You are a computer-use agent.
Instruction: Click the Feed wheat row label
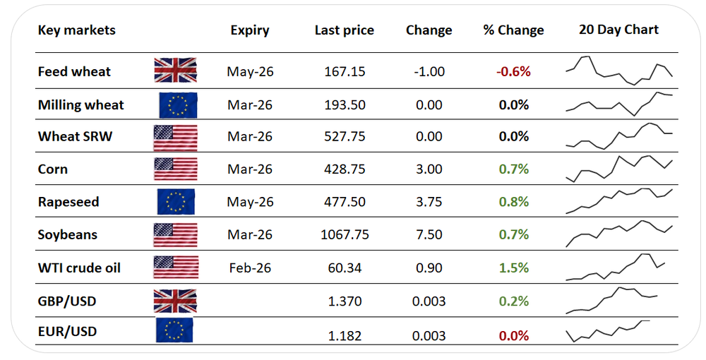(x=74, y=71)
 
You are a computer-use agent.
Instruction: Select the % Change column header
(x=513, y=30)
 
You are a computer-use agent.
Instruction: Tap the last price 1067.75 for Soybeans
(x=345, y=235)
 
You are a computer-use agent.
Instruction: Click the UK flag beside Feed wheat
(x=176, y=71)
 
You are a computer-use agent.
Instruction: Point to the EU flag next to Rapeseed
(x=176, y=203)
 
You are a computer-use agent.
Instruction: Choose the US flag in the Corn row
(x=176, y=170)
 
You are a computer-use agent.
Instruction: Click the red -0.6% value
(x=514, y=71)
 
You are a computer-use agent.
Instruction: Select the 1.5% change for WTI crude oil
(x=514, y=268)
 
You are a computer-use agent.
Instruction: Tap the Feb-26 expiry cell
(x=249, y=268)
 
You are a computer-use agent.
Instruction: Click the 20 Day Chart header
(x=618, y=30)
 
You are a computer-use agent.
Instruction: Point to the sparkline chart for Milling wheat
(x=619, y=103)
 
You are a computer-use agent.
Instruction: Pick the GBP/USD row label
(x=67, y=301)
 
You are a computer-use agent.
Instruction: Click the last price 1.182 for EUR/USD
(x=345, y=334)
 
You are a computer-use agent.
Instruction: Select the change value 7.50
(x=429, y=235)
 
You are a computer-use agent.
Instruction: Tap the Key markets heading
(x=76, y=30)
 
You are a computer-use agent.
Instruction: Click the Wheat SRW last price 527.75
(x=345, y=137)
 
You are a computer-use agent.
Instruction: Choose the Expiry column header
(x=250, y=30)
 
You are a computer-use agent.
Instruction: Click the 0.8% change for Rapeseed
(x=514, y=203)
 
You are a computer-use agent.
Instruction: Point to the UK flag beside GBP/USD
(x=176, y=301)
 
